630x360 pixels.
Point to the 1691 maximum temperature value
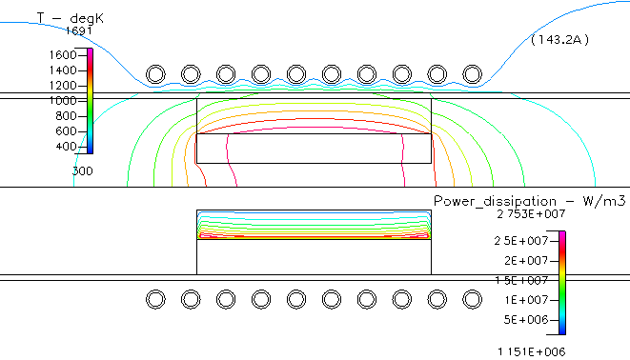(77, 30)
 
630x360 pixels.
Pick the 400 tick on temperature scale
(66, 146)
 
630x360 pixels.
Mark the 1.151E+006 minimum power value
(531, 350)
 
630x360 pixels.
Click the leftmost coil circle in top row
(155, 74)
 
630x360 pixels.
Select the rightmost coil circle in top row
(472, 74)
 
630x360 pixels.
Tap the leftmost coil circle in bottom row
(155, 299)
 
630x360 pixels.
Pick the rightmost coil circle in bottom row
(472, 299)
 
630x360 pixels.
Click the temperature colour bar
(91, 100)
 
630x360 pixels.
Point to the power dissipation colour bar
(562, 282)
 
